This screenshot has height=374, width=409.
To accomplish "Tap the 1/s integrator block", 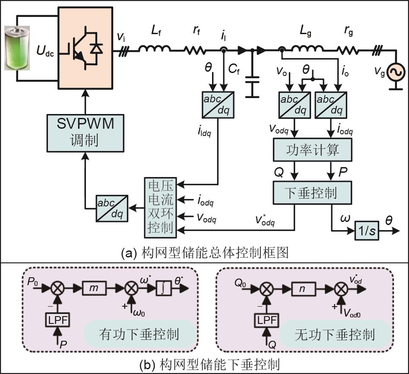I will pyautogui.click(x=365, y=232).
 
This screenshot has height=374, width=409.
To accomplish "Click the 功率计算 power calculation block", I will pyautogui.click(x=313, y=150).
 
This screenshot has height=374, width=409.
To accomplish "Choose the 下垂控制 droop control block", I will pyautogui.click(x=313, y=193).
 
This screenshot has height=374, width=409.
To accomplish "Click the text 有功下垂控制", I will pyautogui.click(x=139, y=334).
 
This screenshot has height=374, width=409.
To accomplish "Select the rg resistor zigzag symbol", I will pyautogui.click(x=349, y=51).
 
